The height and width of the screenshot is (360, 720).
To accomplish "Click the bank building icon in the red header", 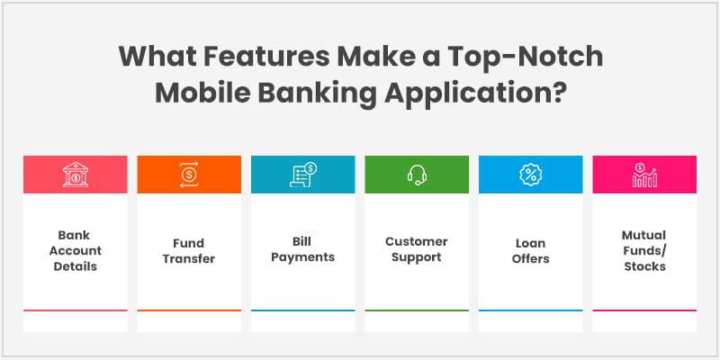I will (76, 175).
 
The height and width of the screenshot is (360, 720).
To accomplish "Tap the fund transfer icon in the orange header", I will (189, 175).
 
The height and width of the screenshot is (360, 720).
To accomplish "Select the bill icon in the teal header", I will (302, 175).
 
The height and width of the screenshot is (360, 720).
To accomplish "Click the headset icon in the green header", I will (416, 175).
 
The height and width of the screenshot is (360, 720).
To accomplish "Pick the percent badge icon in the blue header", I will (530, 175).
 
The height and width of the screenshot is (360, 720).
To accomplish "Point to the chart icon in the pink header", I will (643, 175).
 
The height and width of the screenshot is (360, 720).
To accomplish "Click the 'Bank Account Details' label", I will (76, 250).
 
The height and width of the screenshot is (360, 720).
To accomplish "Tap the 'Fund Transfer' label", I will (189, 250).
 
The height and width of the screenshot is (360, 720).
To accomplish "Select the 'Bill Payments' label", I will (302, 250).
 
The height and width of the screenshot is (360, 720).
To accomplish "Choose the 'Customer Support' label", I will (416, 250).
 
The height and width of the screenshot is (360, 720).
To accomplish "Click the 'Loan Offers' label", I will (530, 250).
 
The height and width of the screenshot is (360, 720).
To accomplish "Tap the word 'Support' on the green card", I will (416, 257).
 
